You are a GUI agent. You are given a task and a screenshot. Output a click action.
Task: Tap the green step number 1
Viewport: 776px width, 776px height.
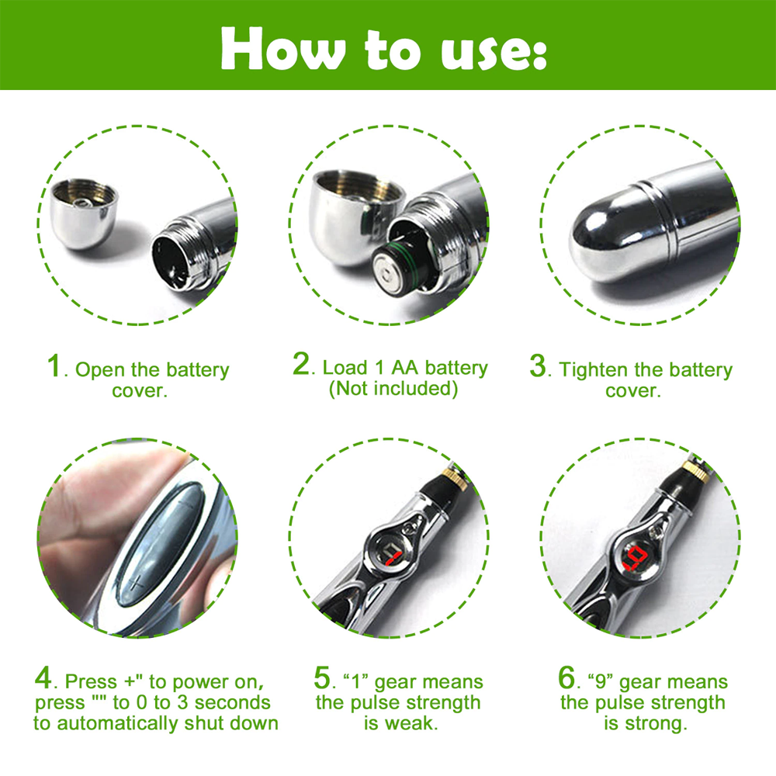click(x=54, y=366)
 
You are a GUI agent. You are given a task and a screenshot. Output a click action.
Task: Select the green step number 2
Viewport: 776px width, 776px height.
click(x=302, y=365)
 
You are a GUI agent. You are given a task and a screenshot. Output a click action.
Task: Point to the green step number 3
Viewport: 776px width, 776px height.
click(x=538, y=366)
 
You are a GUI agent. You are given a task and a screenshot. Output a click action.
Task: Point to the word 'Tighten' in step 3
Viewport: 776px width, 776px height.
click(x=591, y=369)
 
